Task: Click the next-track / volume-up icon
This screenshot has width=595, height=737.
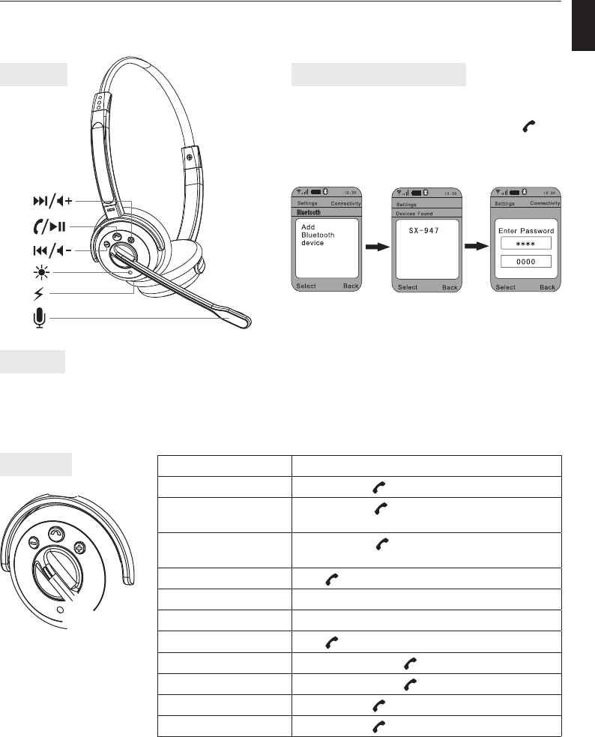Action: pos(51,201)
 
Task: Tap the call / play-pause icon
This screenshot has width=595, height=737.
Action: pos(50,225)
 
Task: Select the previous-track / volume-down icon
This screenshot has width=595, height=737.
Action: pos(51,250)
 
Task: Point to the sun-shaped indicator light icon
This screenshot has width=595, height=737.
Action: pos(37,271)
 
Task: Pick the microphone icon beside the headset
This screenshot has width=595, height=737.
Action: pos(37,319)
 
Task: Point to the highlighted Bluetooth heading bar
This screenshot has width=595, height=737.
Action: pos(326,212)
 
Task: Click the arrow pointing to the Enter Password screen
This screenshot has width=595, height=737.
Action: pos(474,245)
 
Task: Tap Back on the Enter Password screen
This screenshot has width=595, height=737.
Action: pos(548,287)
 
